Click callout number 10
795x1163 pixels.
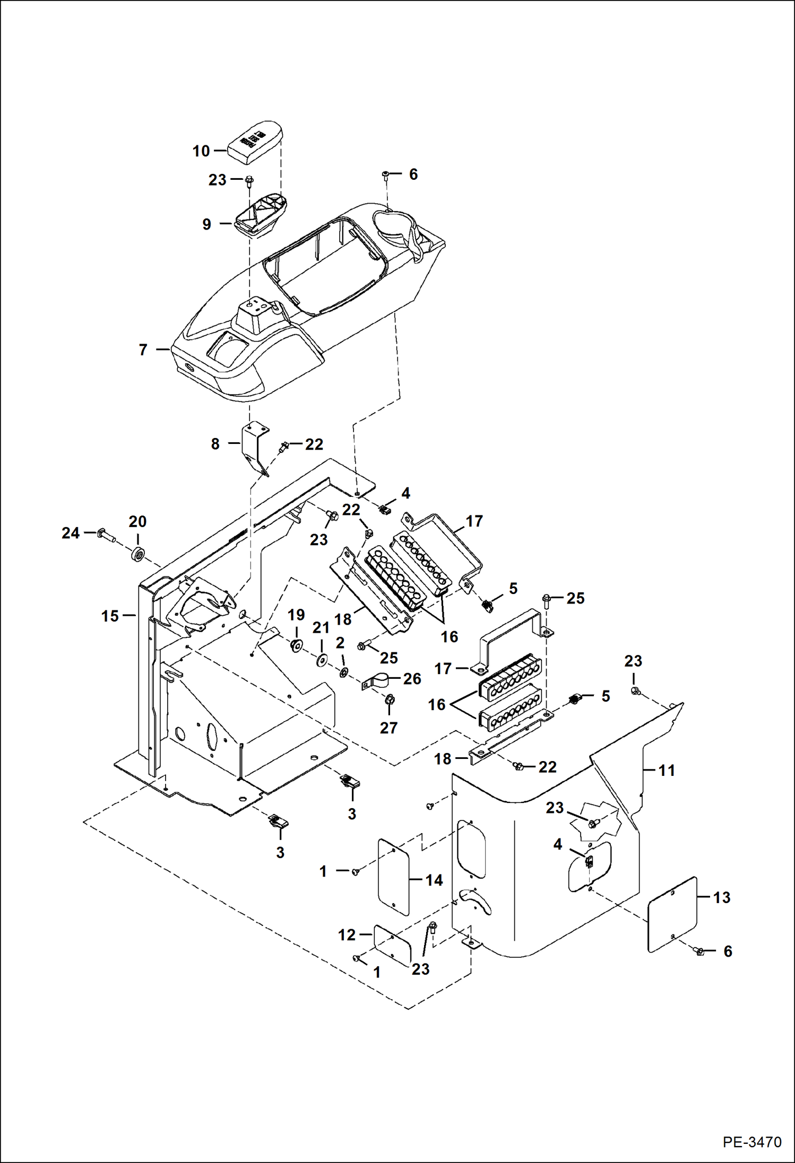201,151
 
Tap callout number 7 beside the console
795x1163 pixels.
143,350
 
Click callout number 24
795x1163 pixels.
70,532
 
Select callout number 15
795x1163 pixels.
110,616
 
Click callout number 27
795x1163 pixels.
388,728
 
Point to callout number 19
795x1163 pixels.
296,615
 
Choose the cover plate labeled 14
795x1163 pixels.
394,877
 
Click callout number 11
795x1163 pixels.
667,770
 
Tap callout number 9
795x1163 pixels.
206,224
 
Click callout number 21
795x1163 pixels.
321,627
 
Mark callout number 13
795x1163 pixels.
721,897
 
